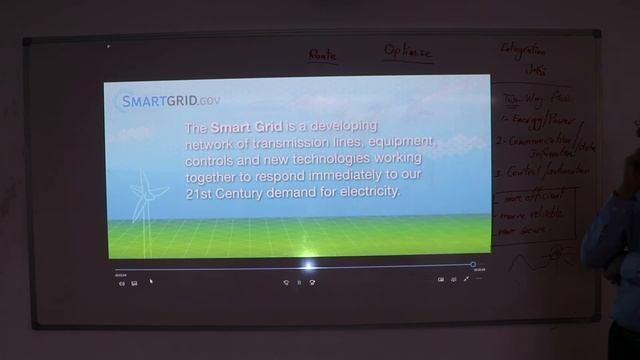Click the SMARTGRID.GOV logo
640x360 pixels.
tap(169, 100)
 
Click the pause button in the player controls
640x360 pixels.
tap(299, 282)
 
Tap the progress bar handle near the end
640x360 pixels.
tap(473, 265)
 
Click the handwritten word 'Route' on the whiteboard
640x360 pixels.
tap(322, 55)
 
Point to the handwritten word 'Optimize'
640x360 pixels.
tap(407, 51)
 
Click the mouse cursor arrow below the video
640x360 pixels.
tap(151, 281)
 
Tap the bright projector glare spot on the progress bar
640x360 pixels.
tap(309, 266)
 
